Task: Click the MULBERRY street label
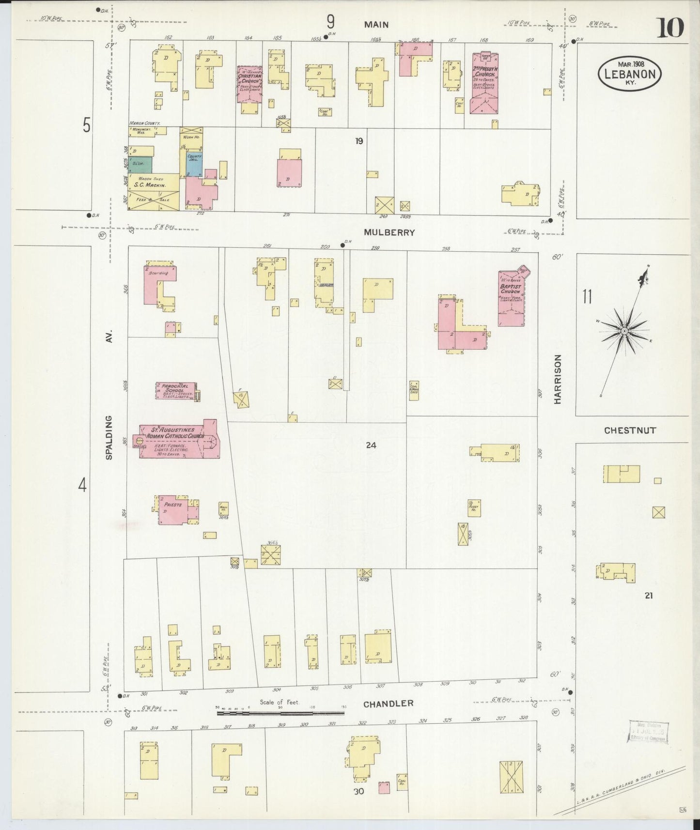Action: point(389,232)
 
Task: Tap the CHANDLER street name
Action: point(388,704)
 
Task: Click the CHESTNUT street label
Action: point(630,430)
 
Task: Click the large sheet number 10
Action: point(670,28)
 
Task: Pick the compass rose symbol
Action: point(624,331)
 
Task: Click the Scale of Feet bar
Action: point(281,713)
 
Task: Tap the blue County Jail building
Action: point(194,164)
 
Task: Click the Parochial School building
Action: point(175,390)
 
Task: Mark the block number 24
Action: point(371,445)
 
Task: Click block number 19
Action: point(358,141)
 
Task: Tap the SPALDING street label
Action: point(109,438)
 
